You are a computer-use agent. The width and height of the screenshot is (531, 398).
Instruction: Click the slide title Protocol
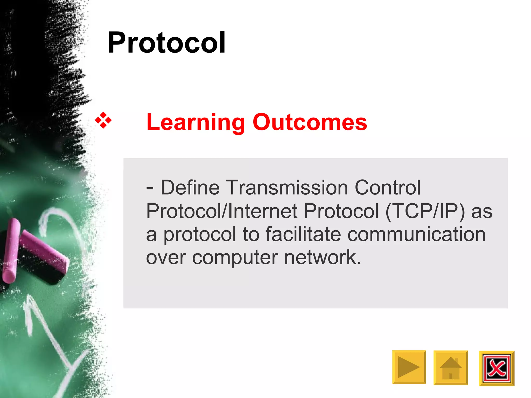click(x=166, y=43)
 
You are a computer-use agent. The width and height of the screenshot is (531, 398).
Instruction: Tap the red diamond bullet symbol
click(x=103, y=120)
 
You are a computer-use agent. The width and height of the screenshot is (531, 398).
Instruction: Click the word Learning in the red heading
click(x=196, y=122)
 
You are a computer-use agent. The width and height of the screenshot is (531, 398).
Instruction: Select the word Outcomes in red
click(x=310, y=122)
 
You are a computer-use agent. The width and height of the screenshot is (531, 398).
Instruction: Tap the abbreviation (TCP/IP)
click(x=425, y=211)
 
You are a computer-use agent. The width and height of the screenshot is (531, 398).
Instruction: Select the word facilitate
click(x=303, y=234)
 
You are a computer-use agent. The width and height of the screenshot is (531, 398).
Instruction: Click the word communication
click(x=416, y=234)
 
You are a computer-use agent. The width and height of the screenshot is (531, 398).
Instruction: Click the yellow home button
click(x=451, y=368)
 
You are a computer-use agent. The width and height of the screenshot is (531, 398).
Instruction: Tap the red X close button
click(x=497, y=368)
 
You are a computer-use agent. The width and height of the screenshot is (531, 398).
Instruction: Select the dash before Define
click(x=150, y=189)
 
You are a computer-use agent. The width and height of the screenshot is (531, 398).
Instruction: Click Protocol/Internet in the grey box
click(x=222, y=211)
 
